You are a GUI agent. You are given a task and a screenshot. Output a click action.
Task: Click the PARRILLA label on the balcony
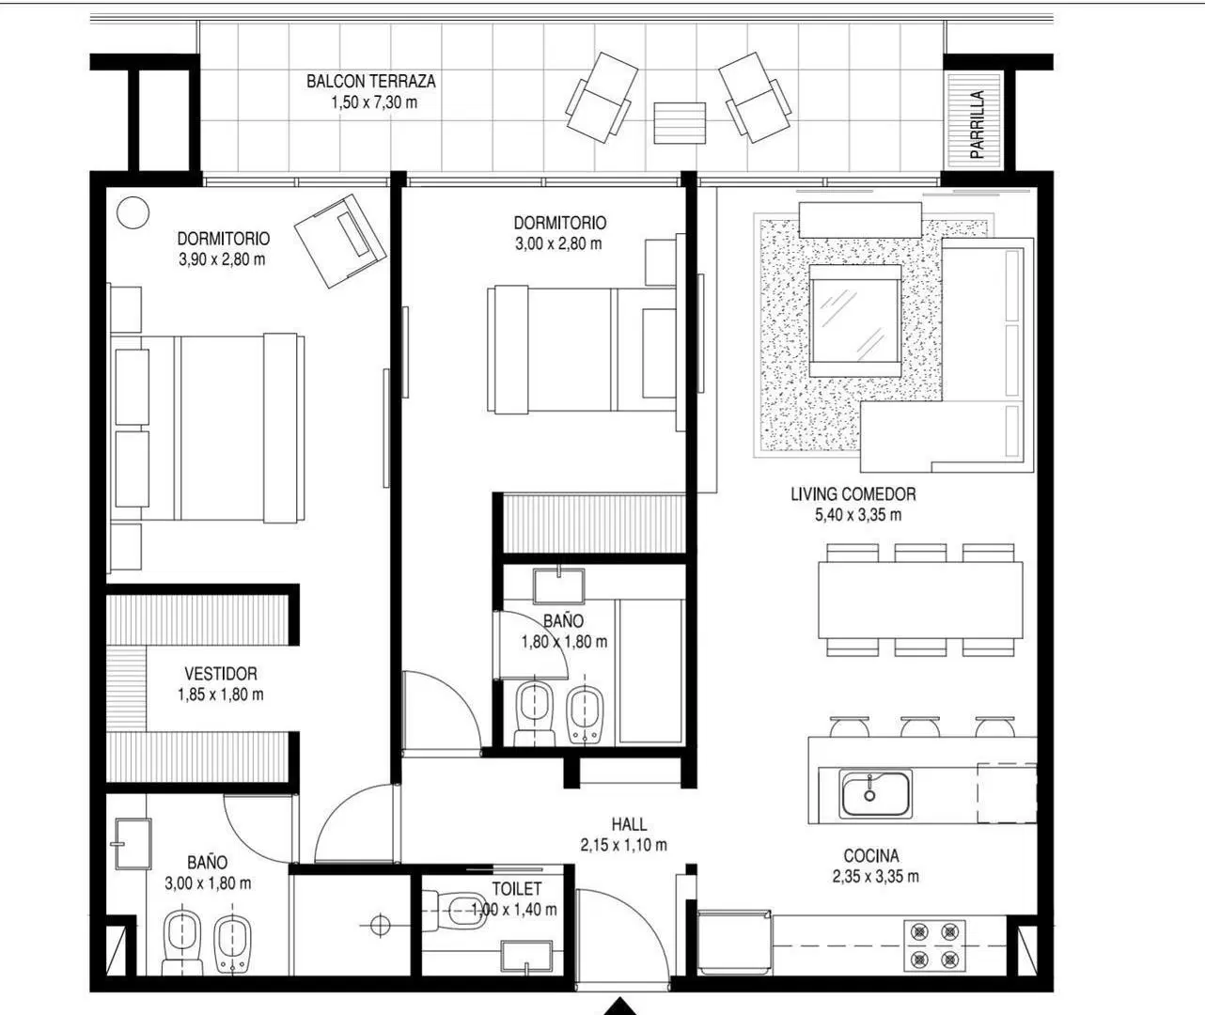point(977,124)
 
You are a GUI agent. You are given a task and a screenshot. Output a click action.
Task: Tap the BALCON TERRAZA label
point(371,82)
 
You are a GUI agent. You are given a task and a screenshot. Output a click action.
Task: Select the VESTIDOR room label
point(221,674)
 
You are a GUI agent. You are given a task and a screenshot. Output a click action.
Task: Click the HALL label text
point(629,824)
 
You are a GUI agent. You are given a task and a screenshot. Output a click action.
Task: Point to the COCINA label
point(871,856)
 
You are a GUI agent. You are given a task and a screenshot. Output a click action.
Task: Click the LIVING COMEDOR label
point(853,494)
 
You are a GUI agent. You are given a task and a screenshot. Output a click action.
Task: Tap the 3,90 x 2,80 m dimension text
point(222,259)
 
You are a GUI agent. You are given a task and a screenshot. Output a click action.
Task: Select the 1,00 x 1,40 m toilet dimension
point(514,910)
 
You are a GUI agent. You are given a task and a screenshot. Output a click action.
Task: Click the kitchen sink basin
point(876,794)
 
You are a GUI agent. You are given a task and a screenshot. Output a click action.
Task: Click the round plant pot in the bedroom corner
point(133,212)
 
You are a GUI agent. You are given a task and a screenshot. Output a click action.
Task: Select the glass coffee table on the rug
point(855,320)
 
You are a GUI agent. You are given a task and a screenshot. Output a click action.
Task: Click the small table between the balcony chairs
point(680,123)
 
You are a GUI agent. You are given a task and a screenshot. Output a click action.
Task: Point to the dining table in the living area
point(920,601)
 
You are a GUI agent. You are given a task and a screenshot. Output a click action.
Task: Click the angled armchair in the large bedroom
point(340,241)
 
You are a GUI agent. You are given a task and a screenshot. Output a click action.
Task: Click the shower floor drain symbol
point(380,926)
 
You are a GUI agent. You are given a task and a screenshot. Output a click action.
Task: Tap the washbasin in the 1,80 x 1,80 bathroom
point(558,586)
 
